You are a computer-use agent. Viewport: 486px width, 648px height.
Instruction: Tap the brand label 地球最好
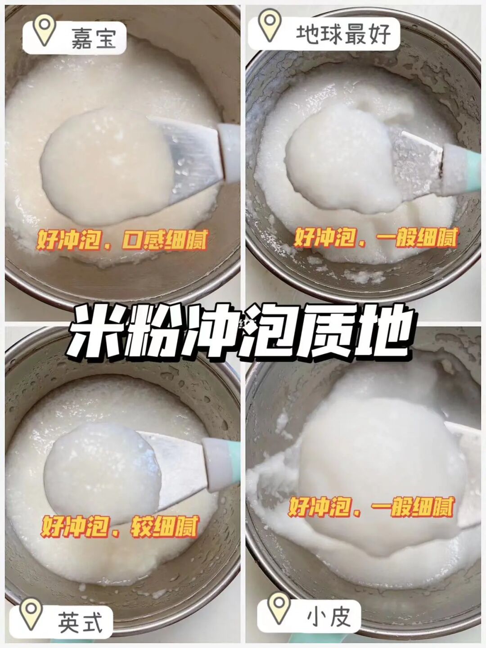point(343,34)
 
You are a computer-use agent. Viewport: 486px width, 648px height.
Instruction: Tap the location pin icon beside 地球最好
point(270,24)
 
